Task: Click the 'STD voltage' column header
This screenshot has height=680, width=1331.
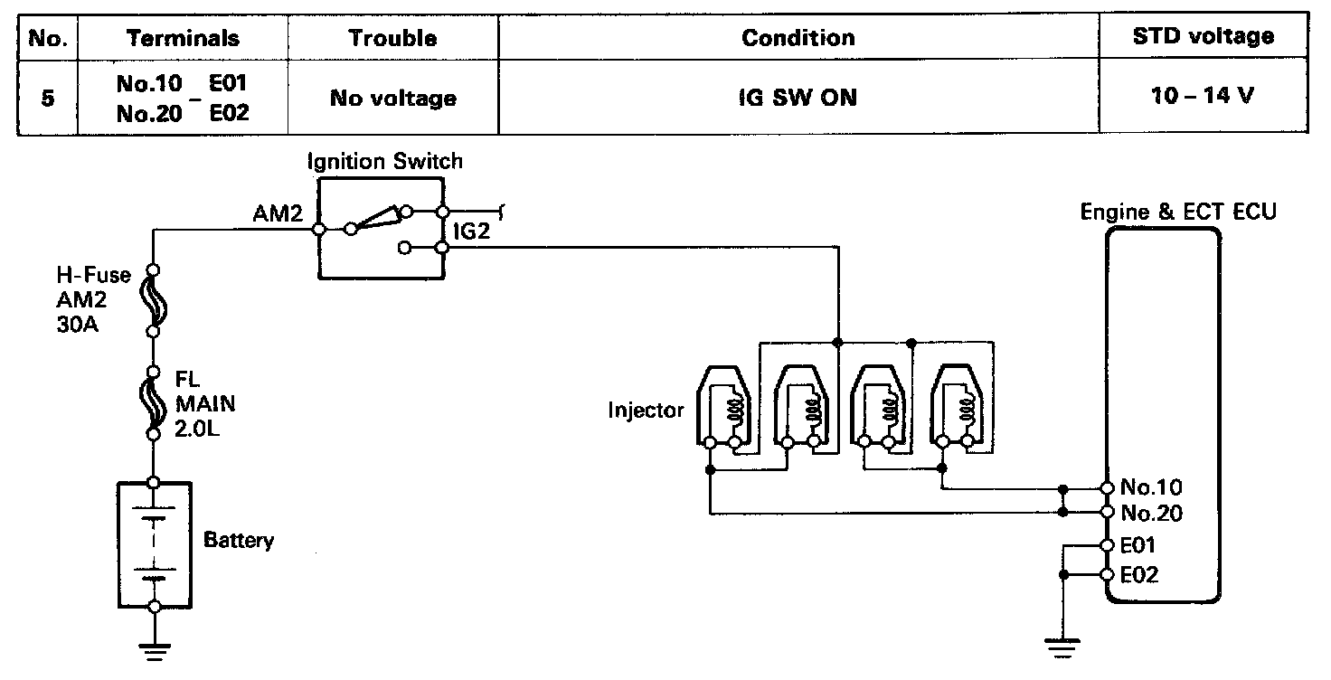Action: pos(1203,37)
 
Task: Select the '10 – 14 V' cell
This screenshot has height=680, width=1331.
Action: pos(1203,96)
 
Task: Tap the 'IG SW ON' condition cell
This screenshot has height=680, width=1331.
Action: pos(798,97)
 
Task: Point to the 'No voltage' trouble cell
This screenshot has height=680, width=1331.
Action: pos(392,97)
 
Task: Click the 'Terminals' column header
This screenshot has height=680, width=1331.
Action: pos(183,38)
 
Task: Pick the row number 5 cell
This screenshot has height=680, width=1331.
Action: pos(46,97)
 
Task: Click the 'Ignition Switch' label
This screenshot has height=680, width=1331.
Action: pos(384,162)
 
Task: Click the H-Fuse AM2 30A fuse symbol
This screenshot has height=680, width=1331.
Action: pos(155,301)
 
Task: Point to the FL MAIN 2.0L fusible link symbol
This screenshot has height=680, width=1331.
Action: pos(155,402)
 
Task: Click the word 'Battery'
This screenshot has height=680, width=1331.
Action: pos(239,541)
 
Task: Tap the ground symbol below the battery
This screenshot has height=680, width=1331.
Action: pos(155,647)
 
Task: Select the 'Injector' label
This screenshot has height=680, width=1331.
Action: pos(647,411)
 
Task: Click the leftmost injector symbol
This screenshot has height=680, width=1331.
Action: pos(723,407)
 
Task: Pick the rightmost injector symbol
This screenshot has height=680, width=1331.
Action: pos(956,407)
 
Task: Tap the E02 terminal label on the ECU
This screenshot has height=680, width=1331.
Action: pos(1138,575)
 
